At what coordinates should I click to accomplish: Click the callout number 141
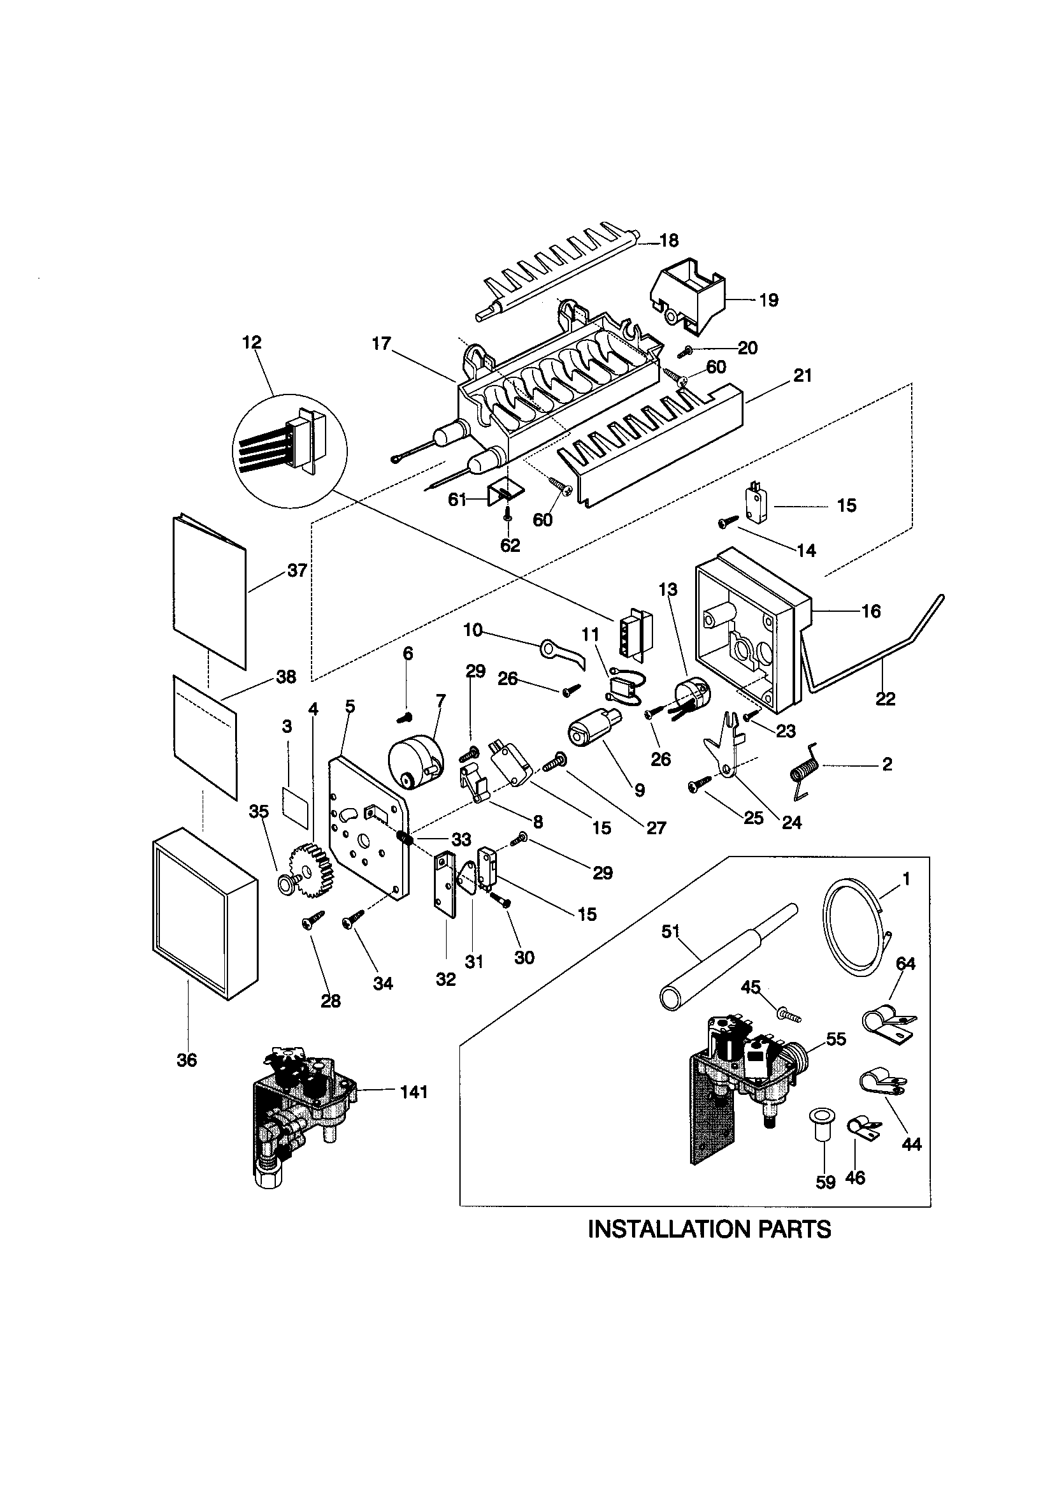(414, 1092)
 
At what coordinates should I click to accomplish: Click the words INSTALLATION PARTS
(708, 1229)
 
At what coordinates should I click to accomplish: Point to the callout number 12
(252, 342)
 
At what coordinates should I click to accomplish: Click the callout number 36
(187, 1060)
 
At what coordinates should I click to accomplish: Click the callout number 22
(885, 699)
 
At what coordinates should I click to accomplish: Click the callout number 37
(297, 570)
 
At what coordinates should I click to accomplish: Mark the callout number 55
(836, 1039)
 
